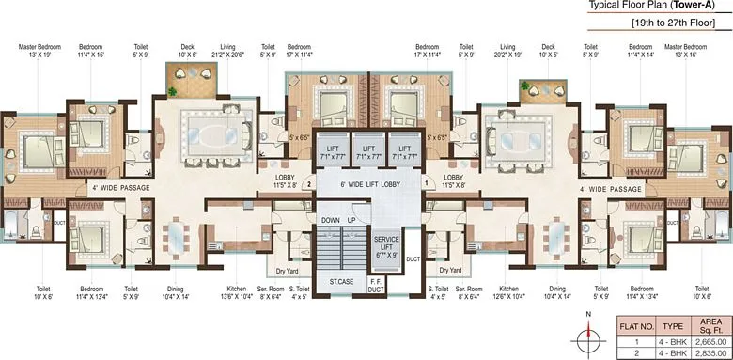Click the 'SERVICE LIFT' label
coord(385,247)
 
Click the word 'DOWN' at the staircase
coord(331,219)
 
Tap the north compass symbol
coord(587,337)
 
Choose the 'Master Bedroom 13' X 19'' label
coord(39,50)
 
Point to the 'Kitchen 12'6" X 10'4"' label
coord(509,293)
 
